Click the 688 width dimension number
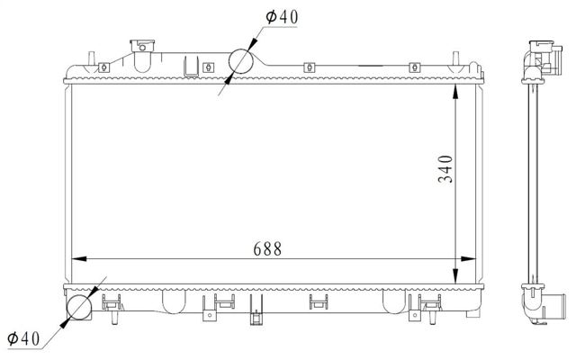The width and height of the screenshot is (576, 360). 267,248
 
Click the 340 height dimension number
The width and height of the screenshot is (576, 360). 445,168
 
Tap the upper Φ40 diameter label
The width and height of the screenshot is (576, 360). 282,17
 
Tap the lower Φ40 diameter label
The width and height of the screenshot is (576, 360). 23,338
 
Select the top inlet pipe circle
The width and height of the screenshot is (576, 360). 240,61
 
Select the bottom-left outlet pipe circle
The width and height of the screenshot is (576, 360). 79,307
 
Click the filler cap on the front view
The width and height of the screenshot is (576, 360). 142,46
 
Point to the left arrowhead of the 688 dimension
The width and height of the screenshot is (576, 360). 79,259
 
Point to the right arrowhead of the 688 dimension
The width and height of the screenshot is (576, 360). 468,259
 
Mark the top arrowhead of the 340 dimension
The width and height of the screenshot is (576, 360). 455,92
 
